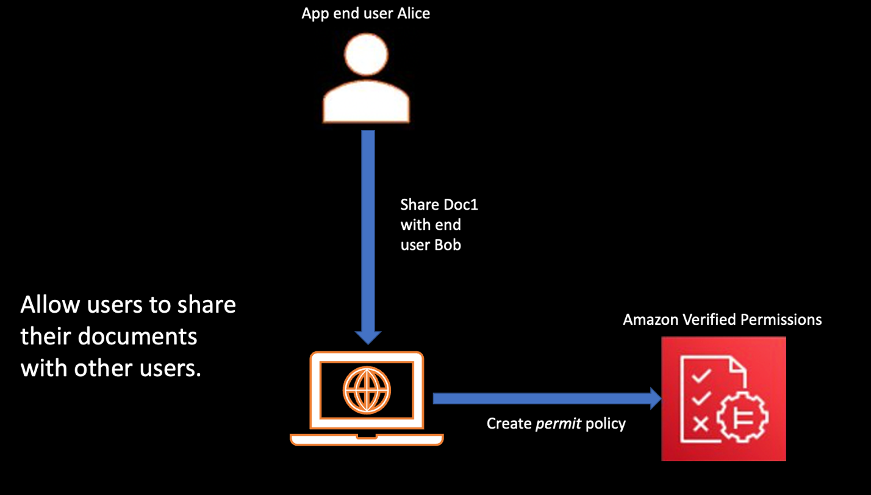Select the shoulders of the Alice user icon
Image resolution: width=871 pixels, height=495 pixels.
tap(365, 106)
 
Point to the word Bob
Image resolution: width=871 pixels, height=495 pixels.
tap(448, 245)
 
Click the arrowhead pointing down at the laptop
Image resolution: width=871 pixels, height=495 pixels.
tap(368, 337)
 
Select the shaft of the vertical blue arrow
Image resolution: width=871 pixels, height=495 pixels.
tap(368, 232)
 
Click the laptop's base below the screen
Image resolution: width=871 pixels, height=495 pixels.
tap(367, 439)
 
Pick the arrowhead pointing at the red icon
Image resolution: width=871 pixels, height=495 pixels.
tap(656, 398)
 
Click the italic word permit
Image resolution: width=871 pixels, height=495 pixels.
tap(558, 423)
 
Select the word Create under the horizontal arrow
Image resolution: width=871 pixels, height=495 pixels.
tap(509, 423)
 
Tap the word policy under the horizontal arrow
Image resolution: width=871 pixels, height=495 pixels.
tap(605, 423)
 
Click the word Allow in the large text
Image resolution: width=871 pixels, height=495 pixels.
tap(47, 304)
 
